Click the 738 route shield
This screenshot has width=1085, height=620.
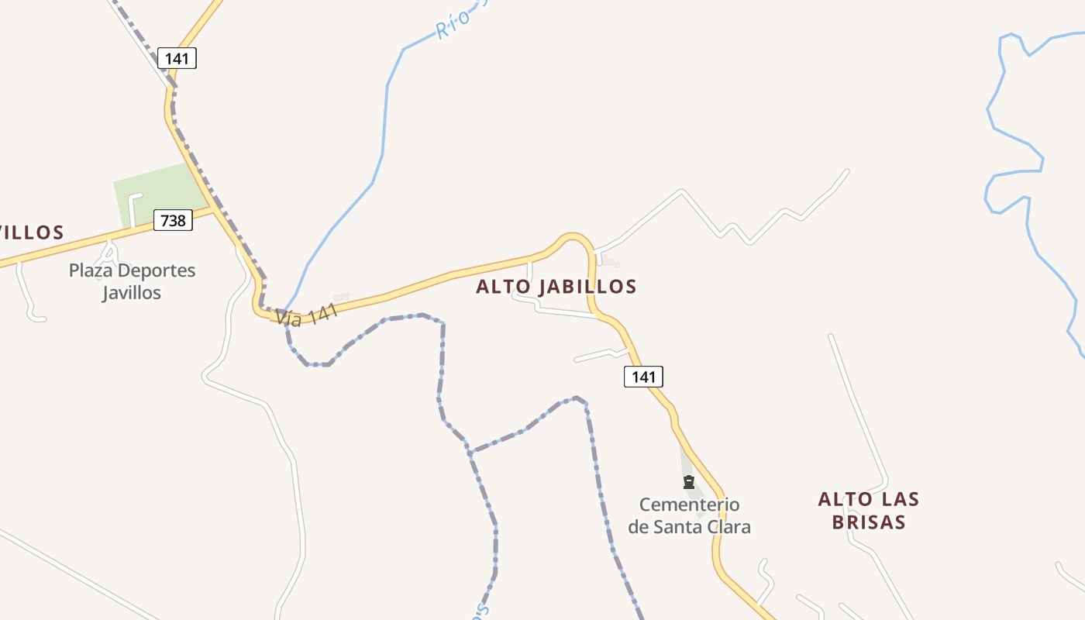pos(172,220)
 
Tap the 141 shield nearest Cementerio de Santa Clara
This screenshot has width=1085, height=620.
pos(643,377)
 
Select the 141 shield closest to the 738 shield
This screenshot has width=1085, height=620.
pos(177,58)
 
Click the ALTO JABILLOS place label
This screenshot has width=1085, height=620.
pos(556,287)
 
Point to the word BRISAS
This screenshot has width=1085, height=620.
pos(869,522)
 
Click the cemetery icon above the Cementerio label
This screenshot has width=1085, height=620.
pos(688,483)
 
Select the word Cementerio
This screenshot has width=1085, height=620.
pos(689,505)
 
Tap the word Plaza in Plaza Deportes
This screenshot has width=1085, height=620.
pos(91,271)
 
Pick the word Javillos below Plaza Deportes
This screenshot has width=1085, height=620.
pos(132,293)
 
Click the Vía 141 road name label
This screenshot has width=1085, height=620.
pos(307,314)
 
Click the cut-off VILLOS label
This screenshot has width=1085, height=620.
pos(31,232)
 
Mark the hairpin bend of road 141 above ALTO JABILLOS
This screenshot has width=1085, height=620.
pos(573,236)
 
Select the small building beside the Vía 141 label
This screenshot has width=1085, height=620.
pos(341,297)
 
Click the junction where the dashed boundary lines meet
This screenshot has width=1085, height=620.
pos(469,451)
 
